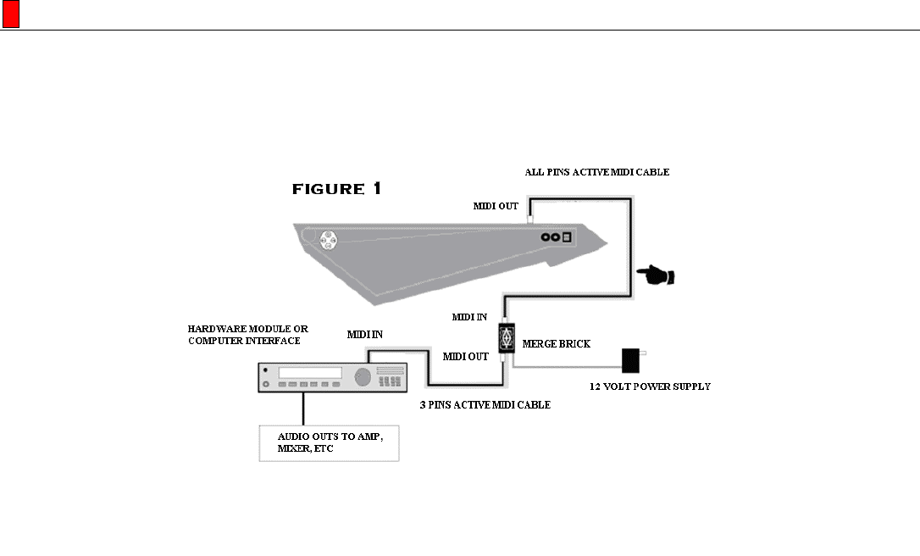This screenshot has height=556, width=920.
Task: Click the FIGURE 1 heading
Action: (x=336, y=189)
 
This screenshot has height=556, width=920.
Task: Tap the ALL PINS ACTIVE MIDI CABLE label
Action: (x=596, y=172)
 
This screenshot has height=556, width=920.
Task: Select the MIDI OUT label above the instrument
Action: (x=496, y=206)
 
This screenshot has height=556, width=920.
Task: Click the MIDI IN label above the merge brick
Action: (x=469, y=317)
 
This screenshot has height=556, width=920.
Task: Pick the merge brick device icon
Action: (x=506, y=336)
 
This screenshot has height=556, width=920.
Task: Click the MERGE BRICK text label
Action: (x=557, y=344)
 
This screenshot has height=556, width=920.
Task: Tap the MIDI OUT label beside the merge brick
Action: (x=466, y=357)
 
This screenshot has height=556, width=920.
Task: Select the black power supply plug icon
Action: (x=631, y=360)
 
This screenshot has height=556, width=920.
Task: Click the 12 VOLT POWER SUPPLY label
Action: (x=650, y=386)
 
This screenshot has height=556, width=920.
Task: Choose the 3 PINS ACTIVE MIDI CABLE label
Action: (x=485, y=405)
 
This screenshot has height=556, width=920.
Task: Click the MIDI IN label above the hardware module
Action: (x=365, y=335)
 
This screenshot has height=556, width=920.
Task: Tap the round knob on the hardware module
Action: (x=362, y=375)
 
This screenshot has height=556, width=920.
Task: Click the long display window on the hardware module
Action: (x=310, y=373)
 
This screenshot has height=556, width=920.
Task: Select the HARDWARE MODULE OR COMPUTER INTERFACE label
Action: (x=248, y=334)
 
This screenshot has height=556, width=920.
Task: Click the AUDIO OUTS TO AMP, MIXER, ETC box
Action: (x=329, y=442)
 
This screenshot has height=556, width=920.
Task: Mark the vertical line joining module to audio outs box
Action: (x=303, y=408)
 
